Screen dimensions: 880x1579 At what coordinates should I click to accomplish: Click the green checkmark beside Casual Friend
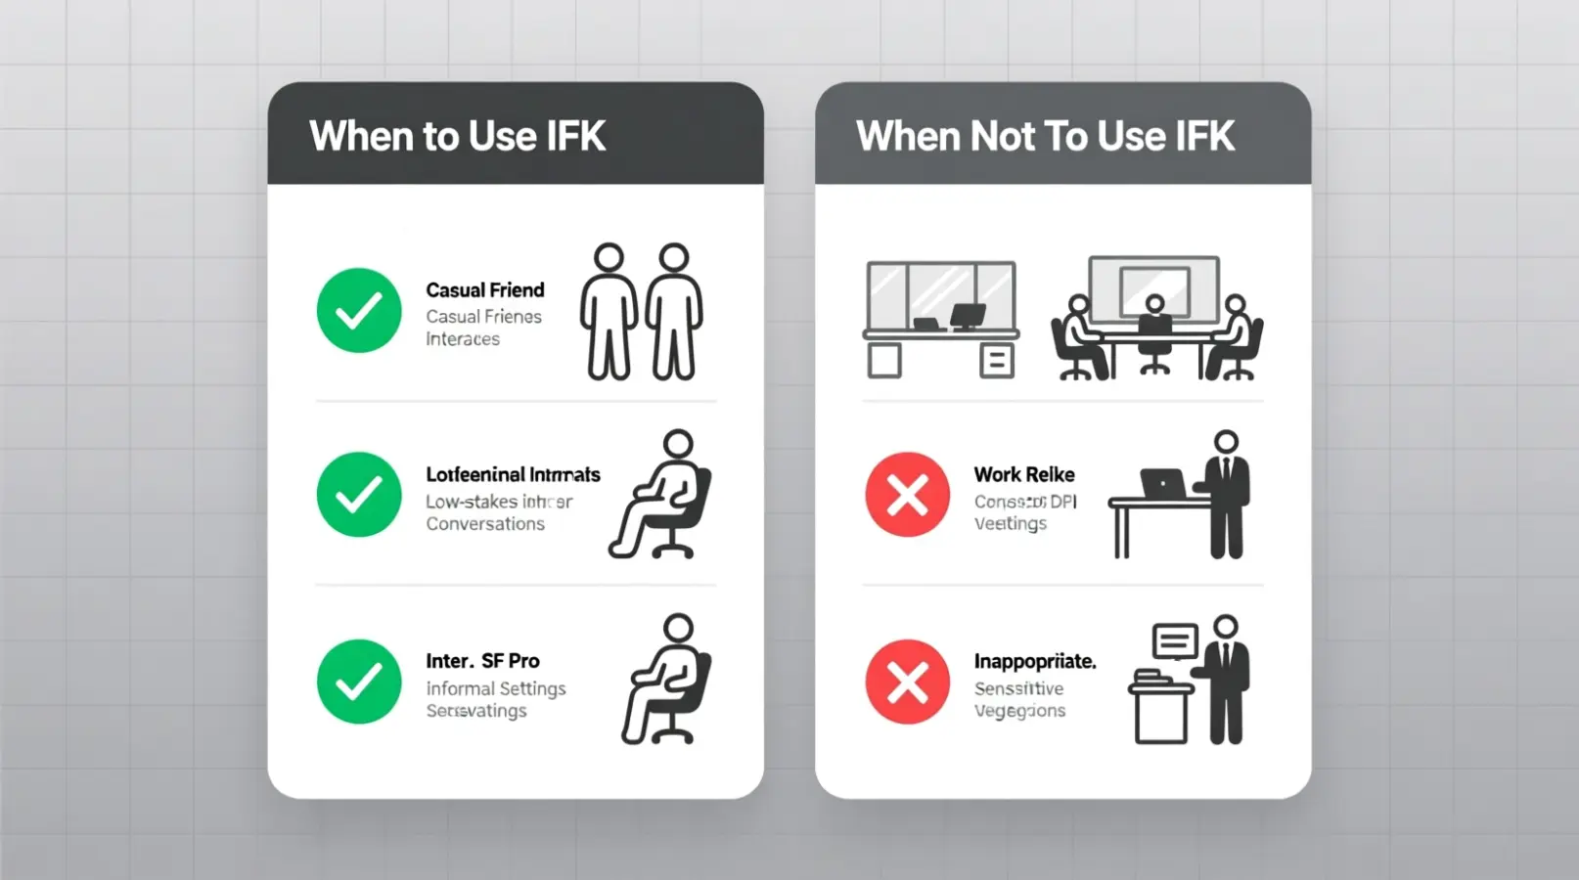coord(359,311)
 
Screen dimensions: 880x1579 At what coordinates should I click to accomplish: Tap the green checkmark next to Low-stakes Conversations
coord(359,495)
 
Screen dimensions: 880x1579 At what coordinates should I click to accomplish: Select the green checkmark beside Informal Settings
coord(359,682)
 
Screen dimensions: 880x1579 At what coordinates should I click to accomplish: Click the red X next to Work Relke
coord(907,495)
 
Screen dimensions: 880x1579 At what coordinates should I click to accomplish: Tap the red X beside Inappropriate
coord(907,682)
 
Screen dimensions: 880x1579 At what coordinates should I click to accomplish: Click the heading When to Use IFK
coord(457,136)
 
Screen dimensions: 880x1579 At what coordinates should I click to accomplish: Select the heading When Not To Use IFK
coord(1045,136)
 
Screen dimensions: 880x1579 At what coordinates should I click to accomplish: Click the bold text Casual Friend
coord(484,290)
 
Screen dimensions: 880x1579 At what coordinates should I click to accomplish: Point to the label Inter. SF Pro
coord(482,661)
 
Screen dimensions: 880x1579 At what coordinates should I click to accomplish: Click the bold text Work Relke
coord(1023,474)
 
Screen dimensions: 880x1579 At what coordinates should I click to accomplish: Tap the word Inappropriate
coord(1034,661)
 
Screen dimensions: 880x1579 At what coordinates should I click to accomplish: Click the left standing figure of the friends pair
coord(609,311)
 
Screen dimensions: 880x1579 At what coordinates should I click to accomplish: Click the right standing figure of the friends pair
coord(674,311)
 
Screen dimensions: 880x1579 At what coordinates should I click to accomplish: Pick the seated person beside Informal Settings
coord(667,681)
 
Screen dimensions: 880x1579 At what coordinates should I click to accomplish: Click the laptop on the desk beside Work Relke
coord(1162,484)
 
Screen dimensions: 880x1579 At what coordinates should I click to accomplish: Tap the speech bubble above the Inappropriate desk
coord(1175,641)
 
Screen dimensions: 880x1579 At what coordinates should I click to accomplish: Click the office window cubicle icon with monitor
coord(940,319)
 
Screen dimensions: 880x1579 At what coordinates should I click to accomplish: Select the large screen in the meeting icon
coord(1154,288)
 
